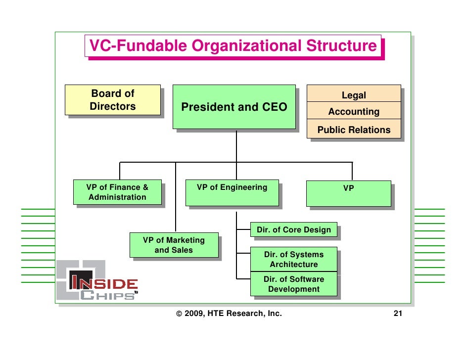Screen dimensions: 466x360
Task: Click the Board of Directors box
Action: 112,100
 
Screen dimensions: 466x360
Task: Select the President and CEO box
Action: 234,107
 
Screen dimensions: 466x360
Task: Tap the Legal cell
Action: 354,94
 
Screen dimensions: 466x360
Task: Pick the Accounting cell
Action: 354,112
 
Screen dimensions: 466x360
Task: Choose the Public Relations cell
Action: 354,130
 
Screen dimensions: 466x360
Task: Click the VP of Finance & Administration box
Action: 117,192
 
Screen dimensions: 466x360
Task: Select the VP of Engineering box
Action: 232,192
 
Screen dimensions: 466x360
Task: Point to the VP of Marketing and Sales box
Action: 174,245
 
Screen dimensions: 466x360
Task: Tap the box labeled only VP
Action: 348,193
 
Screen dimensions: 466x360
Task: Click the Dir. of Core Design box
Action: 294,229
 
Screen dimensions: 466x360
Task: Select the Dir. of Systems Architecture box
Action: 294,259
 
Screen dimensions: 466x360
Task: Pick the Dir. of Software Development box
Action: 294,284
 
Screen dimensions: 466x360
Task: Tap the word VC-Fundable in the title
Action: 138,46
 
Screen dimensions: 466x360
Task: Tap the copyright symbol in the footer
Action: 179,314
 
